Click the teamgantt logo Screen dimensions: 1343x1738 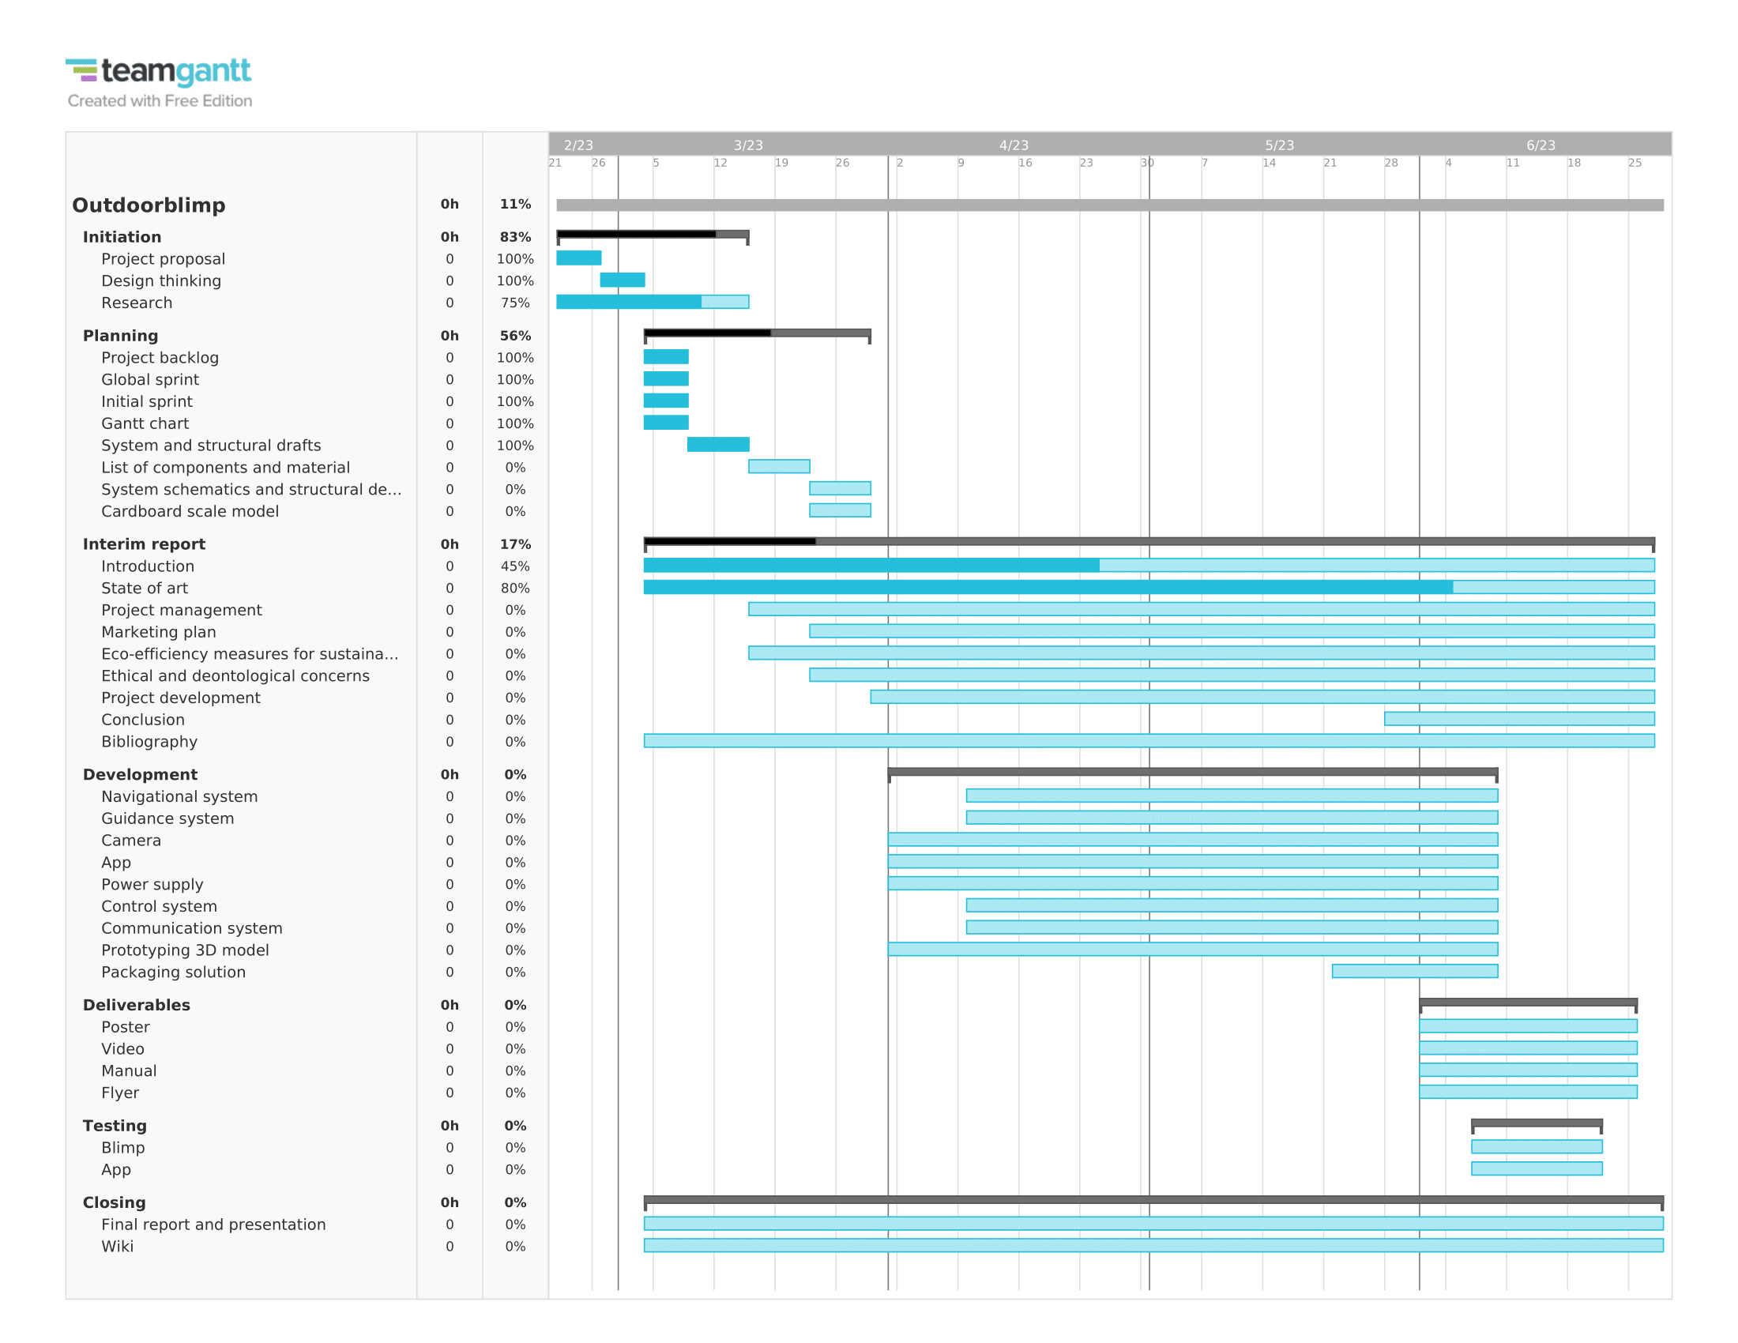point(158,73)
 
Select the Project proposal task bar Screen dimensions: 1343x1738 point(578,258)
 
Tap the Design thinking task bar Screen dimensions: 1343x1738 point(623,280)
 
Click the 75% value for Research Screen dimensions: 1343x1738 point(515,303)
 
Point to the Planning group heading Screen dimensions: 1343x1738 point(120,336)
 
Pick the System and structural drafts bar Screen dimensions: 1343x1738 point(718,445)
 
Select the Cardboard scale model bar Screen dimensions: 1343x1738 point(840,511)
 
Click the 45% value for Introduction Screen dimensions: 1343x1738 point(515,566)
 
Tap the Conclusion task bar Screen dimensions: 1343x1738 point(1519,719)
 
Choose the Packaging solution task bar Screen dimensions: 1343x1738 point(1415,972)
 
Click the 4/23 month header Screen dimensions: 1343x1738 point(1014,145)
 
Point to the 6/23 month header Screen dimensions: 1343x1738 point(1540,145)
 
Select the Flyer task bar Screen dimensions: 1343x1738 point(1528,1093)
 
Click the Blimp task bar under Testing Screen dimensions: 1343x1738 point(1537,1147)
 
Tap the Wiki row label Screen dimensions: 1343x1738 point(117,1247)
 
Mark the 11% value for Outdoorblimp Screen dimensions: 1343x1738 point(515,205)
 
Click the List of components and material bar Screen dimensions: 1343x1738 point(779,467)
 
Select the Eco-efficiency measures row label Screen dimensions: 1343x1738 point(249,654)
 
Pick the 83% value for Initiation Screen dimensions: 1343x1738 point(515,237)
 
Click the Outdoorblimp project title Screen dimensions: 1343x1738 point(149,205)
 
